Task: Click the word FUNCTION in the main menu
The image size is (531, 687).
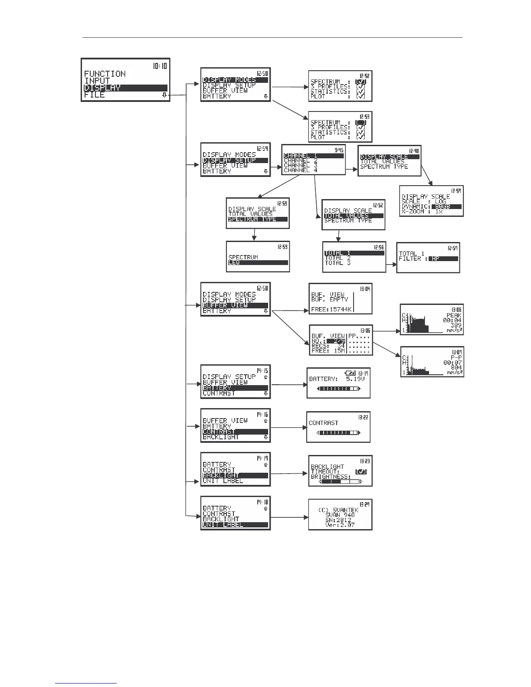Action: tap(105, 74)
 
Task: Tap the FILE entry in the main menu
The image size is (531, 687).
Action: tap(95, 95)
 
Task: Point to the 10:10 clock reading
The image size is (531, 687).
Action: tap(160, 66)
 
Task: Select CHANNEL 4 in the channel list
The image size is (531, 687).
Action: tap(301, 170)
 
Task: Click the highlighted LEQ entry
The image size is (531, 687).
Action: tap(234, 263)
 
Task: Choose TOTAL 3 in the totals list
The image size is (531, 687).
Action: tap(338, 263)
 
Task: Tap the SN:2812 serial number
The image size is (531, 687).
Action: tap(340, 520)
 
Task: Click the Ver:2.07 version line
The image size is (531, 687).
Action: tap(340, 525)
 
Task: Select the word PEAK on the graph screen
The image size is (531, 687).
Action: tap(454, 315)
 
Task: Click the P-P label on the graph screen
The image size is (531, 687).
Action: tap(456, 358)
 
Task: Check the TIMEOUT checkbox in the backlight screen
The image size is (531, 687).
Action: tap(361, 471)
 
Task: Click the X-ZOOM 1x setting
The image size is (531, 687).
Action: tap(422, 212)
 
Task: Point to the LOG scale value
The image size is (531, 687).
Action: tap(440, 202)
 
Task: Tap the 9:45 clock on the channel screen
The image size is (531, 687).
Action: tap(338, 150)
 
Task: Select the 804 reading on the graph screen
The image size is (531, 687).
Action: tap(456, 367)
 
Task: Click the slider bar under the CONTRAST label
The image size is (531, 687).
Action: tap(338, 433)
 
